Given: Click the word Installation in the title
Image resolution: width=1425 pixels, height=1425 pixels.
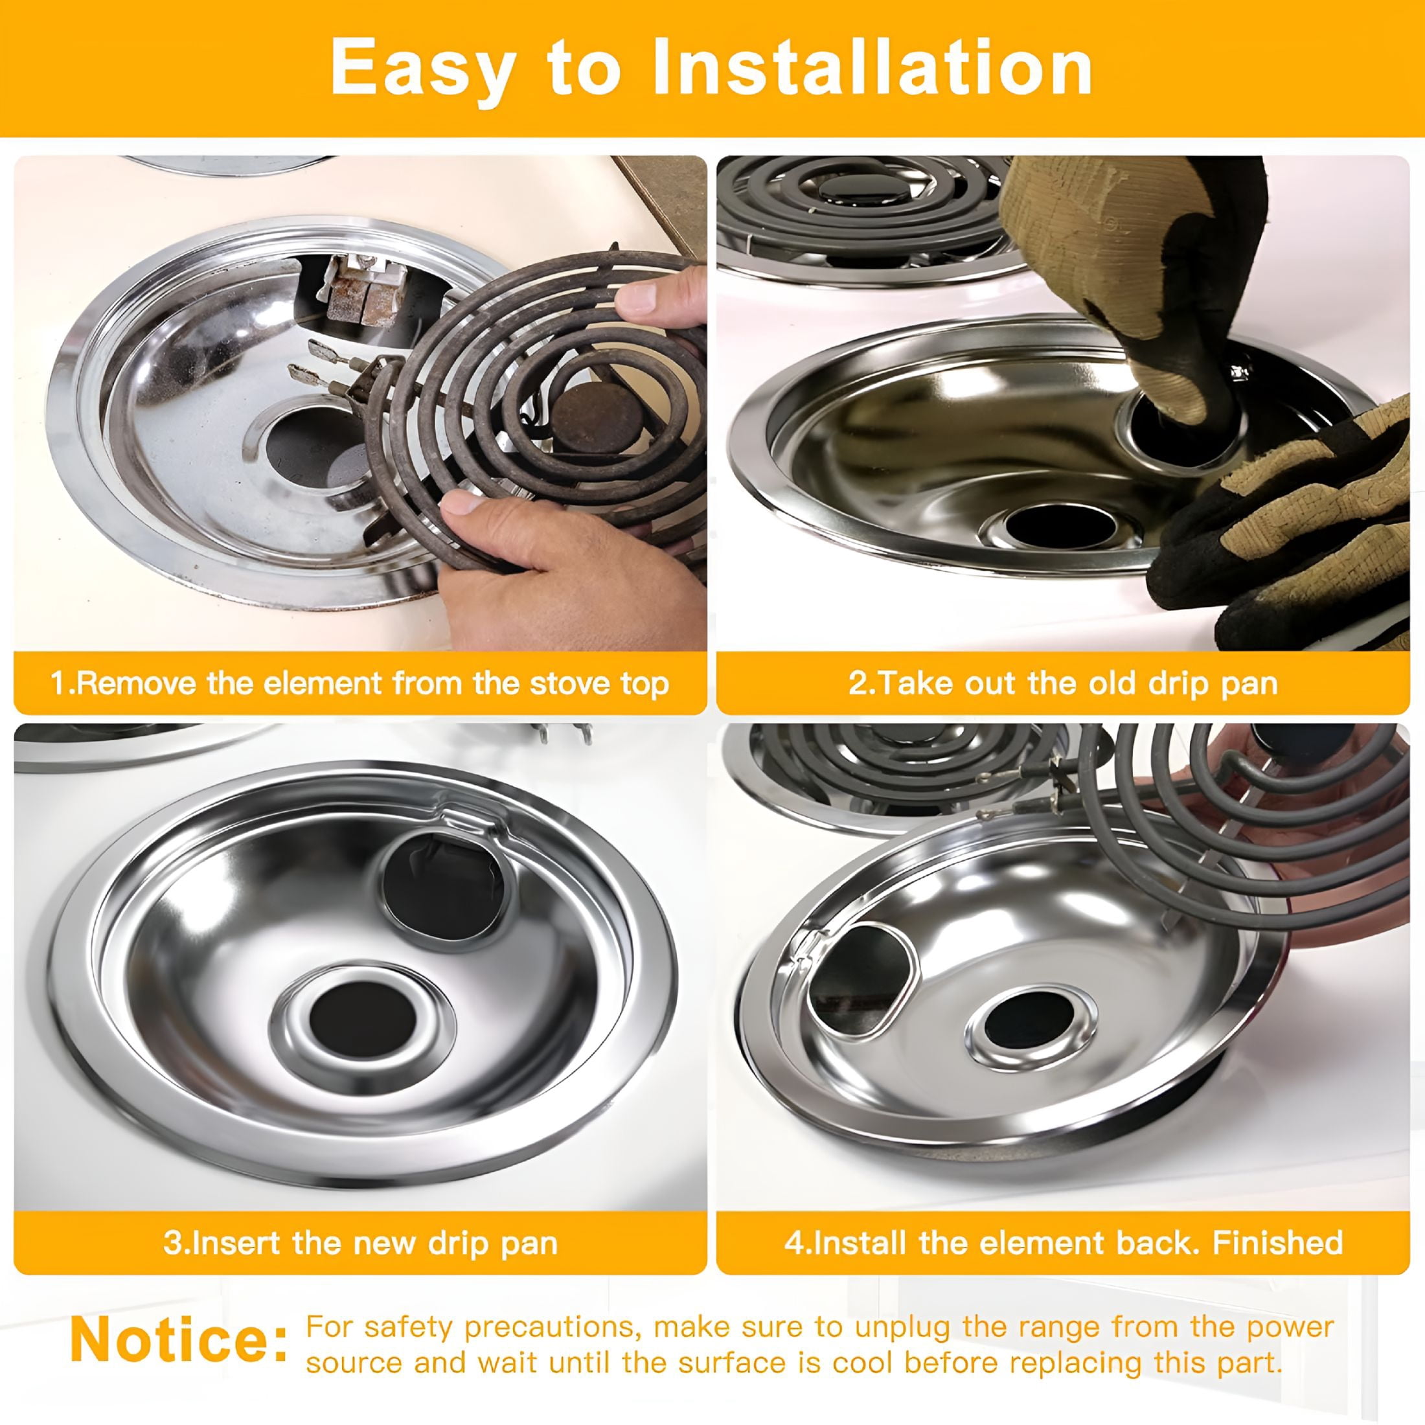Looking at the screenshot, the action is click(872, 68).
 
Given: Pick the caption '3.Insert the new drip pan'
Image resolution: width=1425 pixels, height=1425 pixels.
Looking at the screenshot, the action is click(360, 1243).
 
